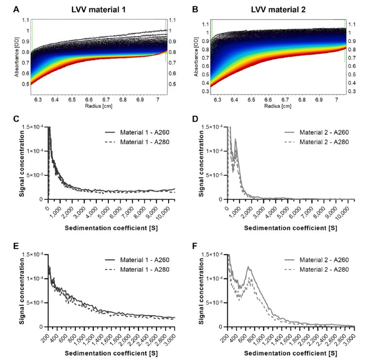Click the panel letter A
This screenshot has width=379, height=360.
(x=17, y=9)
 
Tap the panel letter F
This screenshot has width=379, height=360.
(x=202, y=246)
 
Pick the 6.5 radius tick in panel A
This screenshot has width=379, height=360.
(x=72, y=99)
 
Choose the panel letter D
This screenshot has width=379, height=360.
(x=202, y=119)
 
